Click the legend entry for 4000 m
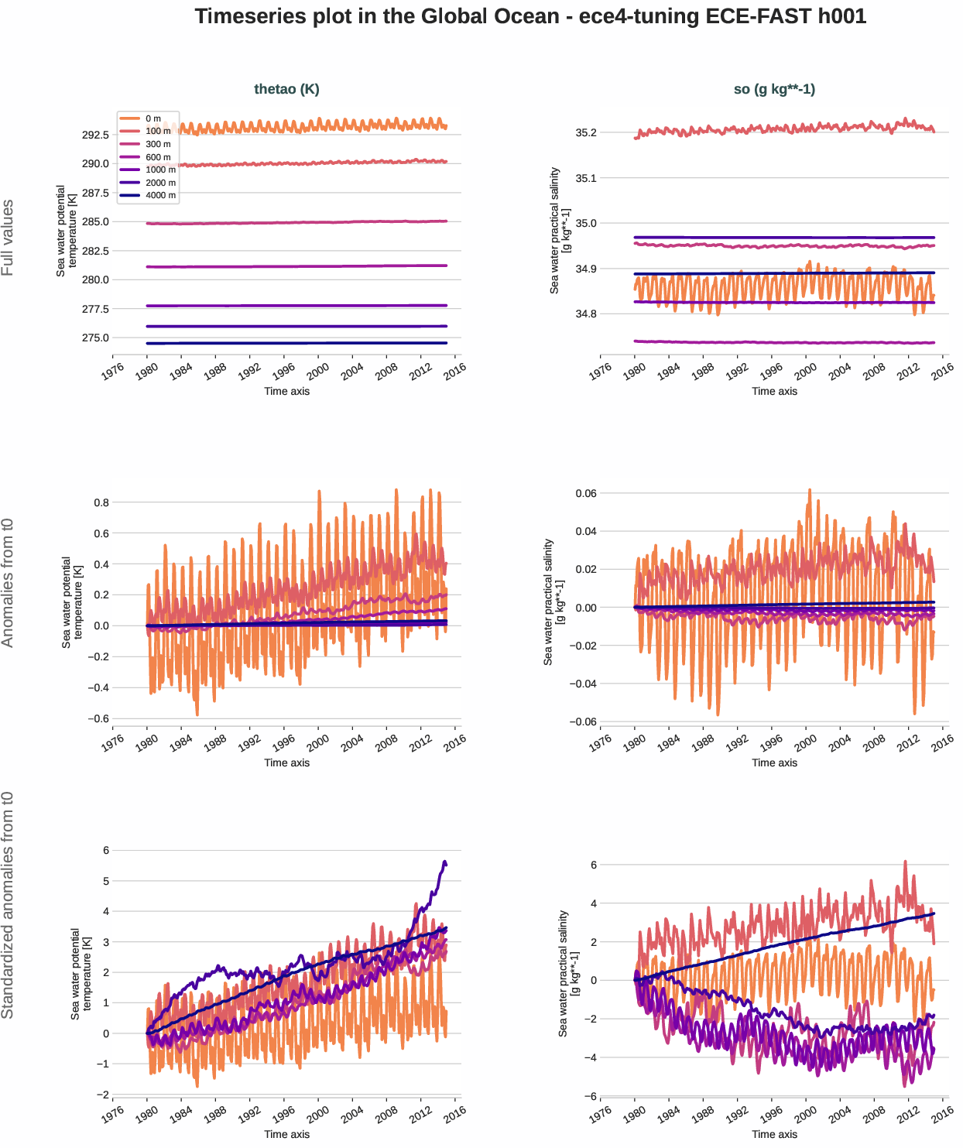(x=160, y=196)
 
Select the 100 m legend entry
(x=158, y=132)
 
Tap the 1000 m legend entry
(x=160, y=170)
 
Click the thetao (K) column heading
(x=286, y=89)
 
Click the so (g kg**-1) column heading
(x=774, y=89)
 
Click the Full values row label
(x=8, y=238)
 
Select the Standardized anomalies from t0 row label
(x=8, y=905)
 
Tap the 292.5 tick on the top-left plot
(x=95, y=135)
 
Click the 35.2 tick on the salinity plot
(x=586, y=133)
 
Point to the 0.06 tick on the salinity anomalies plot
(x=585, y=494)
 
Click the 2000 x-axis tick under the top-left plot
(x=317, y=372)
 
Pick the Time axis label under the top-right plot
(x=774, y=392)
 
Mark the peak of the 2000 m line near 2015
(x=444, y=862)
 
